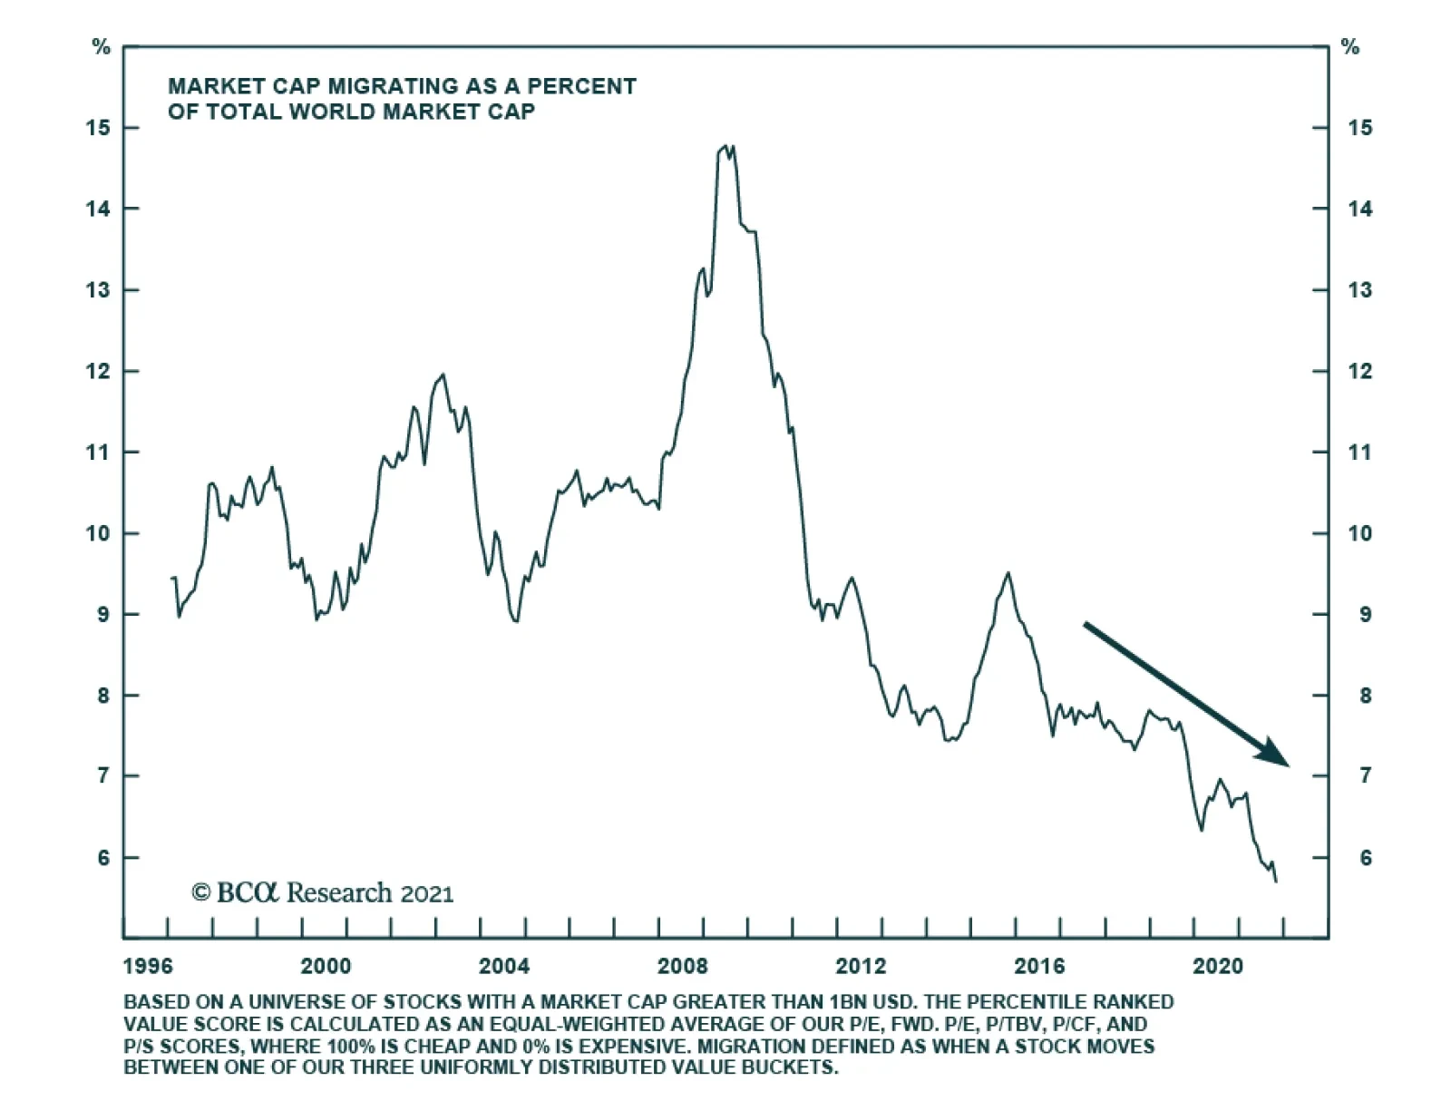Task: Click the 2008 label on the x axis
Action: click(x=682, y=966)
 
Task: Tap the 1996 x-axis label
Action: click(x=147, y=966)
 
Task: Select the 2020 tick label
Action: click(x=1218, y=966)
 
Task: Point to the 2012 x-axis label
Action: click(x=861, y=966)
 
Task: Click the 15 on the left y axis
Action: click(x=98, y=128)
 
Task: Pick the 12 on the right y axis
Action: click(x=1359, y=372)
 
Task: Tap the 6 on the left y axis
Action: click(x=103, y=858)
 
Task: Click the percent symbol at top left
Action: click(x=101, y=47)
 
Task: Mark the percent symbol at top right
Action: click(x=1350, y=47)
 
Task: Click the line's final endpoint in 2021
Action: click(x=1276, y=881)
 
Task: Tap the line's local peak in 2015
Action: click(x=1008, y=573)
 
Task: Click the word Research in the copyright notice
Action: click(x=339, y=892)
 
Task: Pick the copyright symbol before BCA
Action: click(x=200, y=892)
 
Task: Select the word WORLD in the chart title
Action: click(x=332, y=112)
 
